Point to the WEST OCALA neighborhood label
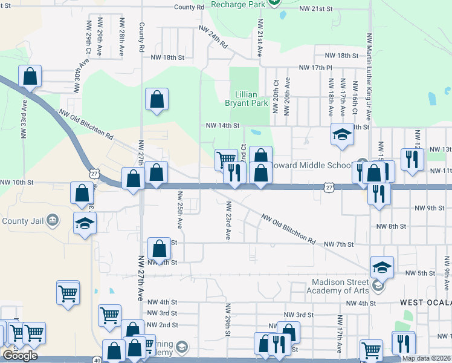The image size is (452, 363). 425,301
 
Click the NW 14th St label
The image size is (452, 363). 223,126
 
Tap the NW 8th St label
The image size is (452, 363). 390,226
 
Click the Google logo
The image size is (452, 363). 20,355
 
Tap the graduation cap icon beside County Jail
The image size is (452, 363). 85,223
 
